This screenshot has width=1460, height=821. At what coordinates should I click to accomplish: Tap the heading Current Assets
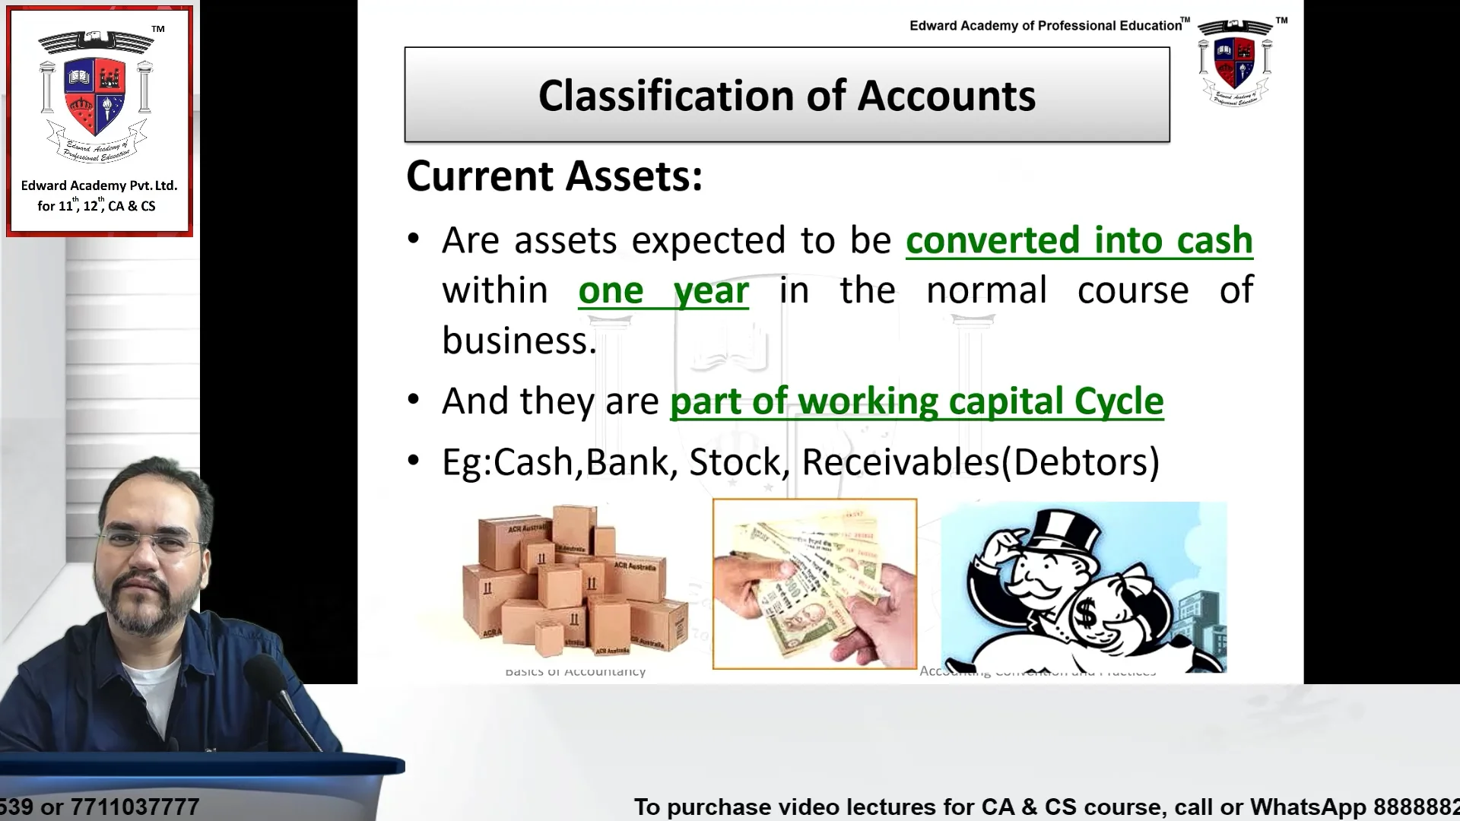point(554,176)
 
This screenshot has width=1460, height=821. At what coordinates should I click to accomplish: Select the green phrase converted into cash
point(1079,241)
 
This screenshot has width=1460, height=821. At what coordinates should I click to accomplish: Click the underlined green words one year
point(663,291)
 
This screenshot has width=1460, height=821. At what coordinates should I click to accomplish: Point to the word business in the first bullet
point(519,341)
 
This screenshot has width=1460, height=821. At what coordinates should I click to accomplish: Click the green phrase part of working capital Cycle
point(916,401)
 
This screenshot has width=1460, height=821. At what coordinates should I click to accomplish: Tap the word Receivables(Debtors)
point(980,462)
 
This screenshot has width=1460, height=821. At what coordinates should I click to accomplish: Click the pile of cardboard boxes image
point(575,582)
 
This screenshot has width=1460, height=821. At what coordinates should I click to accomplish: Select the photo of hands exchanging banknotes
point(814,584)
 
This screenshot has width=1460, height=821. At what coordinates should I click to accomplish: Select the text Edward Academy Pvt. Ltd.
point(99,185)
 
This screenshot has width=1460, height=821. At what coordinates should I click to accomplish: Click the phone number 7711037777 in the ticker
point(135,807)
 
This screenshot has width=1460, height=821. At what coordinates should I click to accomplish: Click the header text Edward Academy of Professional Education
point(1046,26)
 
